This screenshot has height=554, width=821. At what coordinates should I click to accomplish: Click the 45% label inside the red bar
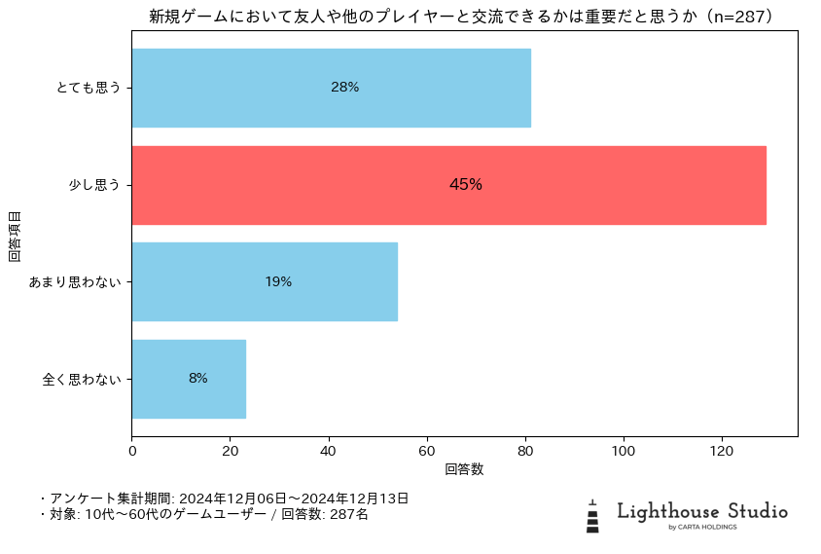466,185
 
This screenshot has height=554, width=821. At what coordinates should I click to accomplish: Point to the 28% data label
344,88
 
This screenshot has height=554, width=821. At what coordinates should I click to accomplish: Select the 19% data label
278,282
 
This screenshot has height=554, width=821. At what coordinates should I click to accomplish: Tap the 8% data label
198,379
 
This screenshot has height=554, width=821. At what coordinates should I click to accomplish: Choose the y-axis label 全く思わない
82,379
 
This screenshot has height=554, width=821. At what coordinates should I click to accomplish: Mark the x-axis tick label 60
427,451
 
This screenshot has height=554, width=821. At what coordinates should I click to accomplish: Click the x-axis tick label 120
722,451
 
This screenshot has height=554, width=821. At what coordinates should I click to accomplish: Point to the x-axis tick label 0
132,451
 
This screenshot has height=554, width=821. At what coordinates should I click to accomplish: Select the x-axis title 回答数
464,469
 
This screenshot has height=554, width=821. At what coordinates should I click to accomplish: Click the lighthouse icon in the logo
592,516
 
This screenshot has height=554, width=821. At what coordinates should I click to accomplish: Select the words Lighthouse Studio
702,511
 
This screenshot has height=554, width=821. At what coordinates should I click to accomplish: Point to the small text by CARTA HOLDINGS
702,528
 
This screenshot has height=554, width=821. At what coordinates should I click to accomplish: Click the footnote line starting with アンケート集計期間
224,499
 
